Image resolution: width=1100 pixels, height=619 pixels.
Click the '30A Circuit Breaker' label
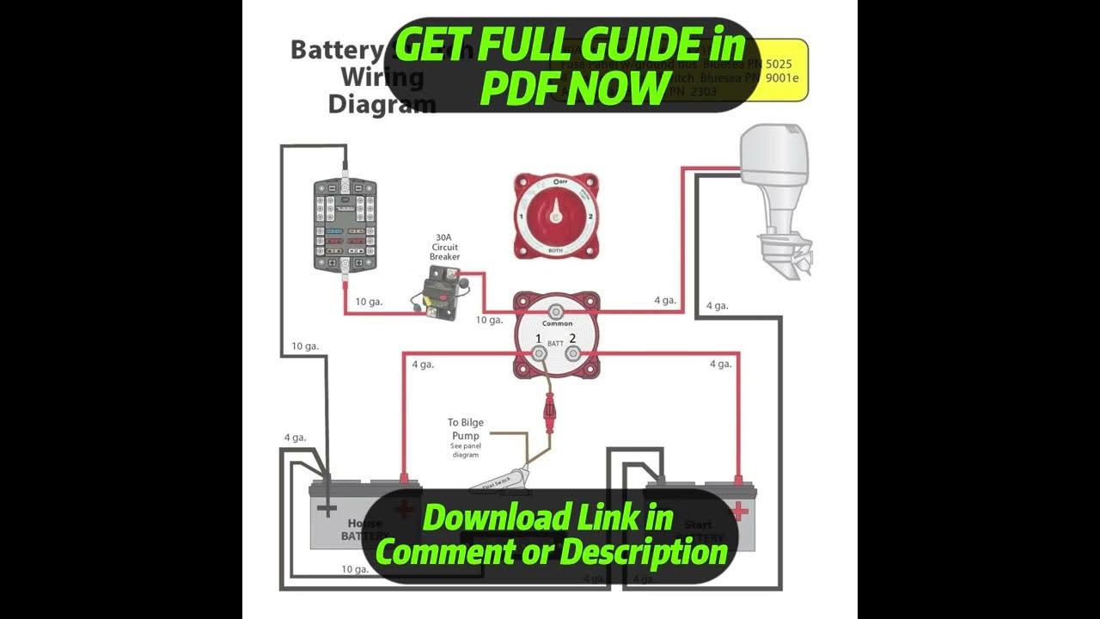(x=445, y=247)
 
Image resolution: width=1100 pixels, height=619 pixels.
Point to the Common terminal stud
(x=556, y=311)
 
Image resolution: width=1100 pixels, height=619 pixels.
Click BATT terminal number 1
(x=539, y=351)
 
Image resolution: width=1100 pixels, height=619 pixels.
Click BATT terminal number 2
(x=573, y=351)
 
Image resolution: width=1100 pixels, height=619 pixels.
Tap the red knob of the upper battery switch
(x=556, y=215)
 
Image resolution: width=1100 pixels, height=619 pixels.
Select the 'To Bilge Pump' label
(x=465, y=429)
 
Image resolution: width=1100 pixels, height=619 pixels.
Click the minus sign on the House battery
(x=327, y=509)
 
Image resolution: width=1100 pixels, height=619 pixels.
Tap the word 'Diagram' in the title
(x=382, y=105)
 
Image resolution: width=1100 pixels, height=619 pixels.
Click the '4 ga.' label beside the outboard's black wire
(x=717, y=305)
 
